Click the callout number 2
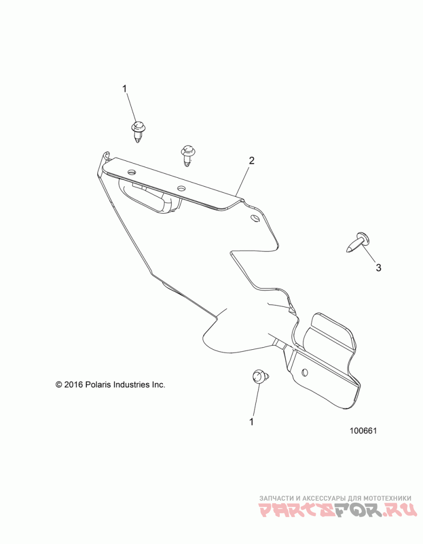(x=252, y=160)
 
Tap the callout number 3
(x=378, y=268)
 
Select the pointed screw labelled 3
(x=357, y=243)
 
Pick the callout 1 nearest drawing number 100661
(x=252, y=422)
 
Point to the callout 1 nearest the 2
(x=125, y=88)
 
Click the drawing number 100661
(x=362, y=431)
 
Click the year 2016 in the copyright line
(x=73, y=385)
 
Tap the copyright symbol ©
(x=59, y=385)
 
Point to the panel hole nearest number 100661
(x=305, y=373)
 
